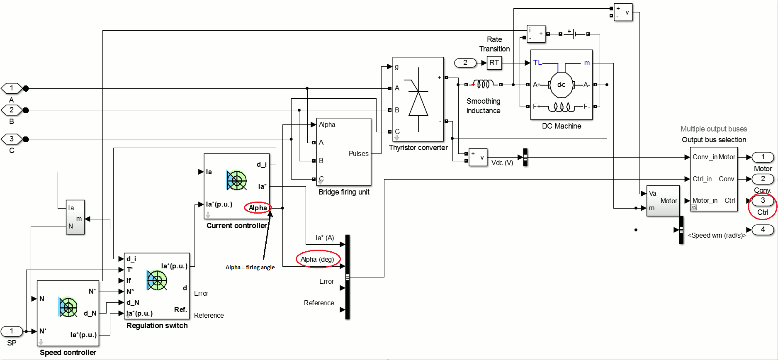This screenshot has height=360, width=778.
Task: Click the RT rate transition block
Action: click(494, 63)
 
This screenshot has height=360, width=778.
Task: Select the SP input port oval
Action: click(12, 331)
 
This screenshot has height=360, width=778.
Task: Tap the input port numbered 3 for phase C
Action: click(12, 139)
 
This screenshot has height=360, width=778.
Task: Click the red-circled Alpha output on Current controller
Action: click(258, 208)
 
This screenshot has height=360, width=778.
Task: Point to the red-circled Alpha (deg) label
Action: click(317, 259)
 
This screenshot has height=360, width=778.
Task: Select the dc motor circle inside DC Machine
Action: click(561, 85)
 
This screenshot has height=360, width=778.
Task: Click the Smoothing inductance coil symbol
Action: click(484, 84)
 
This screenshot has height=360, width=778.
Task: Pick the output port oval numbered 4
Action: click(763, 229)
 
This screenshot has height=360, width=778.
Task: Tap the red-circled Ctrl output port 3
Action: click(763, 201)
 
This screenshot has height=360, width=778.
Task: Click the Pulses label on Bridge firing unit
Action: click(358, 153)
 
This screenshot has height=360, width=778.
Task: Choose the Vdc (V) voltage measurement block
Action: click(478, 158)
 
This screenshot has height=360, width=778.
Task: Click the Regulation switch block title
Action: click(157, 326)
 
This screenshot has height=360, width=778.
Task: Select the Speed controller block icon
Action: click(68, 307)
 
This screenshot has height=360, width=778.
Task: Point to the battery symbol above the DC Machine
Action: click(574, 34)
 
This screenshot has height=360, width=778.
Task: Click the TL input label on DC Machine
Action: click(537, 63)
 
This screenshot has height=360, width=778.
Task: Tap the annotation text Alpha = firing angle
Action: click(250, 268)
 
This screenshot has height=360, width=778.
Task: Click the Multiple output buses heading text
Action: click(713, 129)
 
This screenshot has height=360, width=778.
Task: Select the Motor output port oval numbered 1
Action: click(763, 157)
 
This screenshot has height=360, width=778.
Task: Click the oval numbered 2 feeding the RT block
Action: click(465, 63)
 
